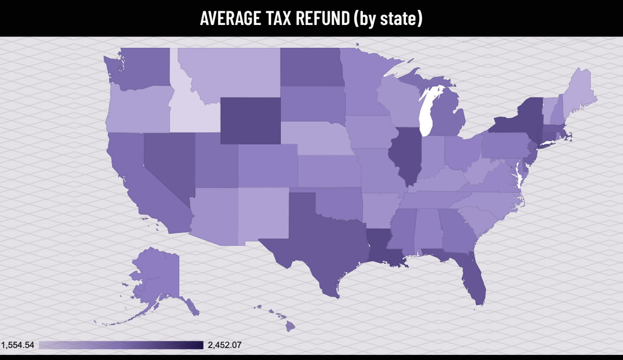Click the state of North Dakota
pos(310,68)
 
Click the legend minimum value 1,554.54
pos(18,345)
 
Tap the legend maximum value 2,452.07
pos(224,345)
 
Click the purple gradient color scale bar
pos(120,345)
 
